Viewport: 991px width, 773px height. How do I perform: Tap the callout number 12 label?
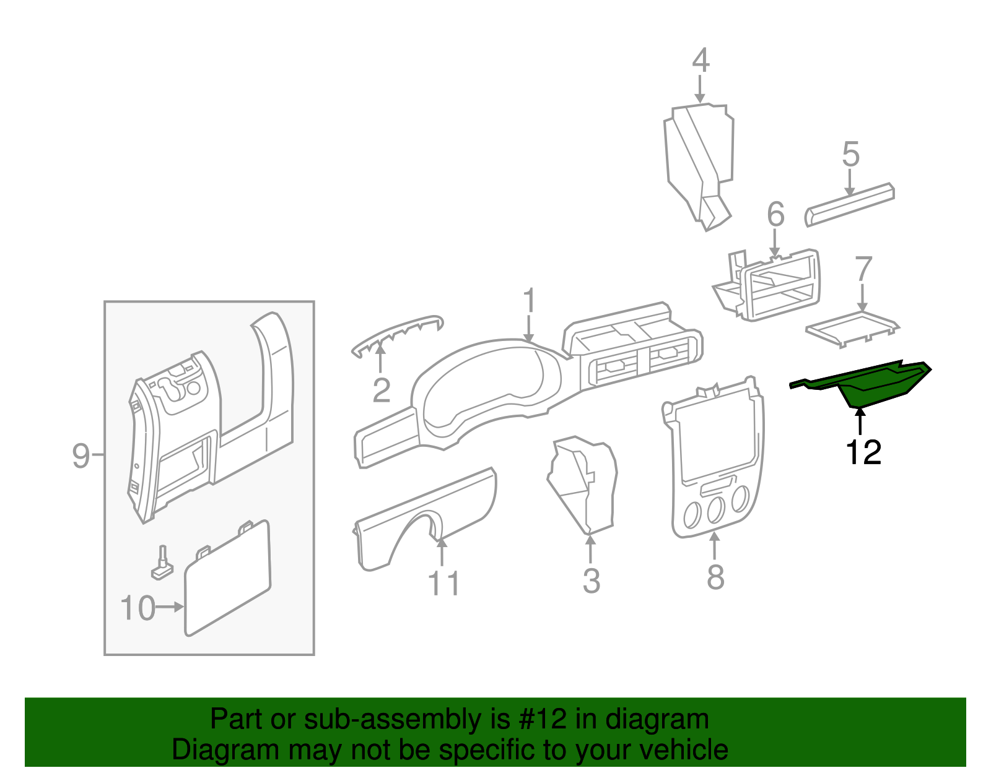863,453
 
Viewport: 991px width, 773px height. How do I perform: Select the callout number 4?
701,61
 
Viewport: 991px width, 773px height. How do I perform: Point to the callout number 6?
775,215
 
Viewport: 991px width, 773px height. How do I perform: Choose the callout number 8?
715,577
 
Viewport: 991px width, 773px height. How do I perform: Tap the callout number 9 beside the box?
81,456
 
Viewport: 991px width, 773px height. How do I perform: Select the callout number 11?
443,583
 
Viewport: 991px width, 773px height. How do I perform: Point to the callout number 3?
591,581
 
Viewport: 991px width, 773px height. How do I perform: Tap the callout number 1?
528,301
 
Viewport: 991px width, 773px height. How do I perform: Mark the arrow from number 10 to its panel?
170,607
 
